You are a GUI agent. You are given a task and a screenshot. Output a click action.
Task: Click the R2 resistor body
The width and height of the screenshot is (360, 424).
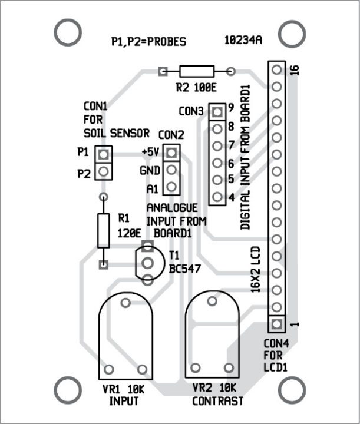pyautogui.click(x=197, y=72)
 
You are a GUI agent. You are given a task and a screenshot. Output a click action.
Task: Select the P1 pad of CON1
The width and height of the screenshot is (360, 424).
pyautogui.click(x=104, y=154)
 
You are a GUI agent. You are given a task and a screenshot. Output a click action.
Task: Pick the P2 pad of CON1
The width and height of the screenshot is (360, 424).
pyautogui.click(x=104, y=172)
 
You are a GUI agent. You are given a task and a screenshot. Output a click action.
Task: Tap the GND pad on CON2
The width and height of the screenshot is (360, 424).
pyautogui.click(x=171, y=171)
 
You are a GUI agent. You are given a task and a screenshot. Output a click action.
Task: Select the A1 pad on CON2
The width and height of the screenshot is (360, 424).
pyautogui.click(x=171, y=188)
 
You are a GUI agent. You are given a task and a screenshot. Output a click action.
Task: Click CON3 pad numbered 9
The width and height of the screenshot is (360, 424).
pyautogui.click(x=217, y=111)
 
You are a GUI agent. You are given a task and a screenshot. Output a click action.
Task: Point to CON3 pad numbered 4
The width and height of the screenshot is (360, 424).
pyautogui.click(x=217, y=197)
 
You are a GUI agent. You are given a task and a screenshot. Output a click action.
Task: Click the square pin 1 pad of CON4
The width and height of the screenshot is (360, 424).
pyautogui.click(x=275, y=323)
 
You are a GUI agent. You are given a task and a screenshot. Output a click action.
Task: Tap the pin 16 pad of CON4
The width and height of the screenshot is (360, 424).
pyautogui.click(x=275, y=69)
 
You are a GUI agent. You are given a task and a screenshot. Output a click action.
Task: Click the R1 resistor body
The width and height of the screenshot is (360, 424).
pyautogui.click(x=104, y=231)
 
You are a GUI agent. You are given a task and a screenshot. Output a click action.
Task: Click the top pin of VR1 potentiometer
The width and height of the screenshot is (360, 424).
pyautogui.click(x=125, y=303)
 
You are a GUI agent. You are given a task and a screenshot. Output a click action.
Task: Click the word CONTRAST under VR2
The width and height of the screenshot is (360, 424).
pyautogui.click(x=218, y=401)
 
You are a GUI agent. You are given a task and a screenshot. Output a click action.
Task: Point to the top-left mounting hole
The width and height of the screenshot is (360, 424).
pyautogui.click(x=66, y=33)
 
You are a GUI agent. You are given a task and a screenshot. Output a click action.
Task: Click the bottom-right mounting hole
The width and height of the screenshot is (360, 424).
pyautogui.click(x=292, y=389)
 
